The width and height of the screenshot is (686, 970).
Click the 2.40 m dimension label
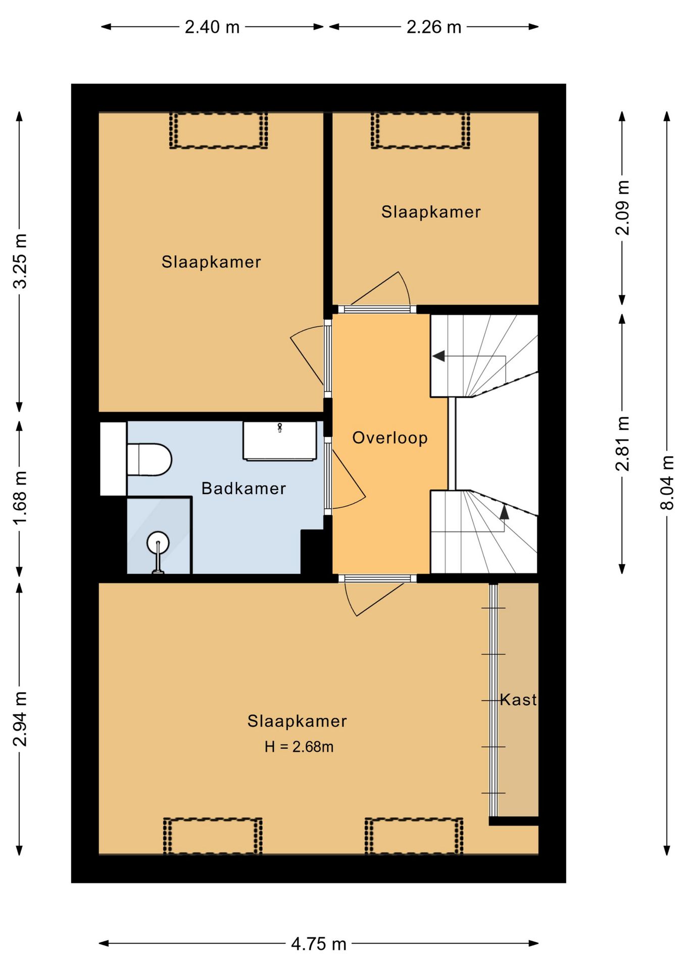(x=212, y=27)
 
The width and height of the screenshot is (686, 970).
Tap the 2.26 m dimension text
(x=434, y=27)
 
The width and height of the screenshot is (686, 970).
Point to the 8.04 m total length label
(x=667, y=483)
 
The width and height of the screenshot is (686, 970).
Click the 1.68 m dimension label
(x=20, y=498)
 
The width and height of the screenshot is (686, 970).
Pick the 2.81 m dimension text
(x=622, y=444)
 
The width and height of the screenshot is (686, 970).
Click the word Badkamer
(x=243, y=489)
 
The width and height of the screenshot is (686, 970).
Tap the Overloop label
(x=390, y=438)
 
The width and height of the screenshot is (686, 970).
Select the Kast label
(x=518, y=700)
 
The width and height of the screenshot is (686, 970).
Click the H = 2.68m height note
(x=299, y=747)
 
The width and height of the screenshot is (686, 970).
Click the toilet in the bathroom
(x=149, y=460)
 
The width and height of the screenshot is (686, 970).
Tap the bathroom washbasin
(x=280, y=441)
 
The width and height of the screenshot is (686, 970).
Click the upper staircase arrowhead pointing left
(x=438, y=356)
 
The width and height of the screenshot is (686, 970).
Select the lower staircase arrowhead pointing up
(x=504, y=512)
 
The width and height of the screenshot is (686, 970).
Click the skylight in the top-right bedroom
(x=420, y=130)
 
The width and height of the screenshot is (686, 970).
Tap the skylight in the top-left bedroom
(x=218, y=130)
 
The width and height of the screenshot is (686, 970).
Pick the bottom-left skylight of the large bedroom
(x=213, y=836)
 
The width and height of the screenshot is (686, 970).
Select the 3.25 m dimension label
(x=20, y=261)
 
